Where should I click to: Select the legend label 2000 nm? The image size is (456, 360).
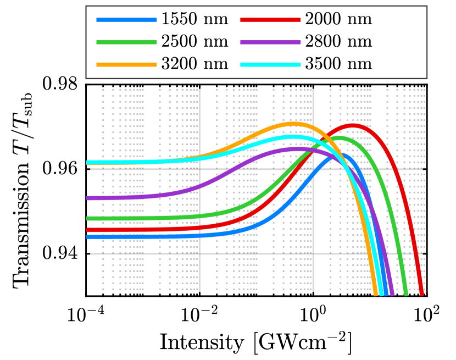tap(338, 20)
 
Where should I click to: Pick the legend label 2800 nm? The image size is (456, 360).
tap(338, 41)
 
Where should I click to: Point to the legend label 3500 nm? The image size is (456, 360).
tap(338, 63)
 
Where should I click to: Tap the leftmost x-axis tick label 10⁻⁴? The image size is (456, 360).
tap(86, 315)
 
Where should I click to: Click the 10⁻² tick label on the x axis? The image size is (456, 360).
tap(199, 315)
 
